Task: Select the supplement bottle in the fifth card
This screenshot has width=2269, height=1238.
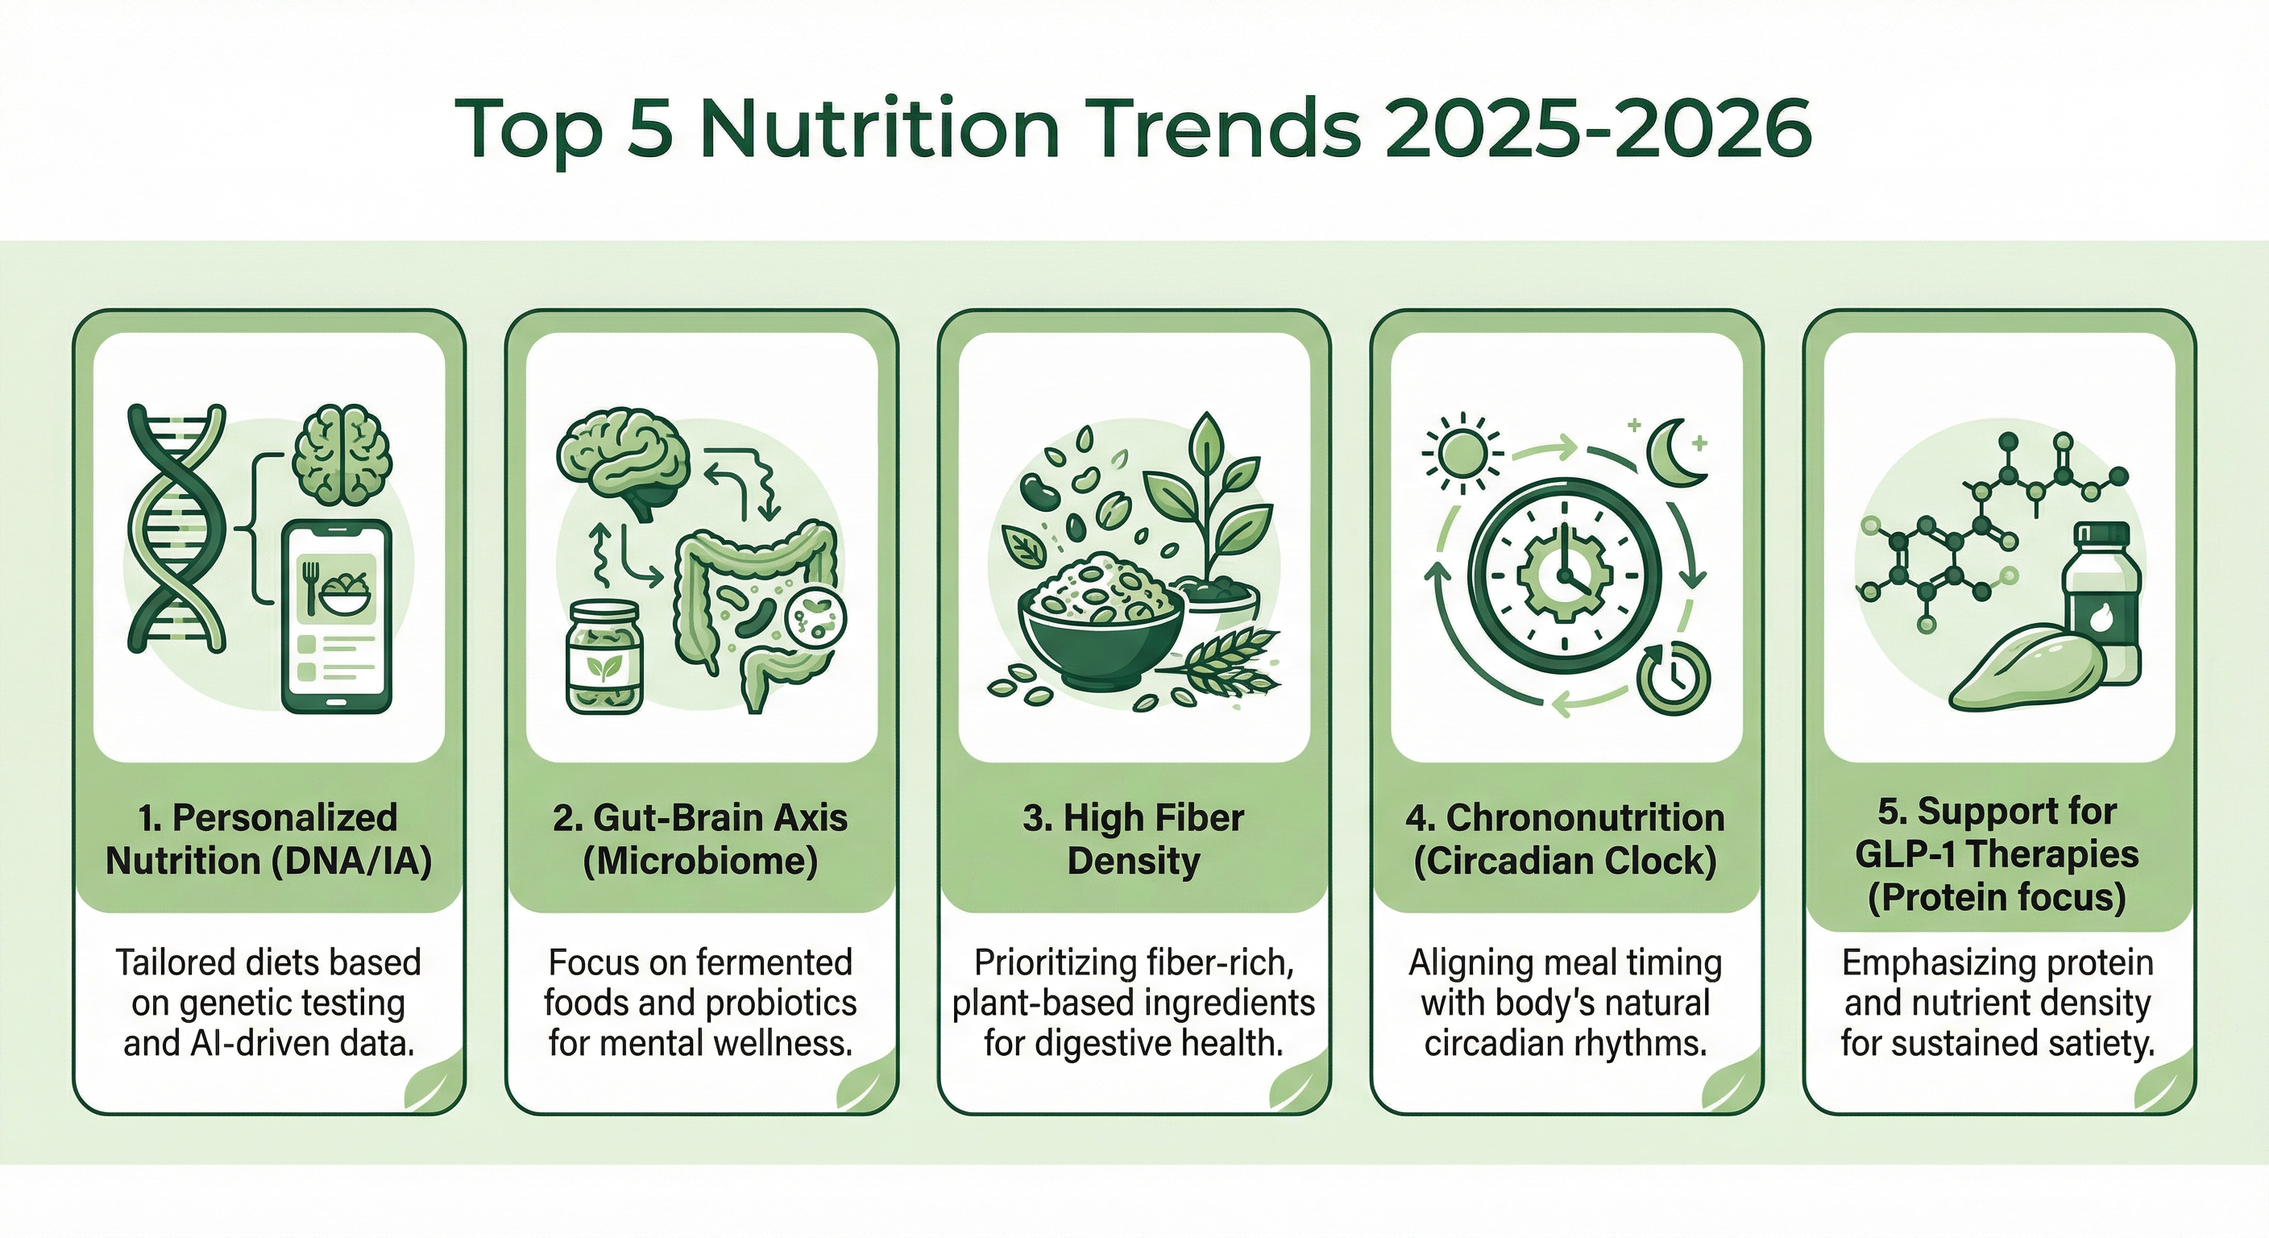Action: tap(2100, 599)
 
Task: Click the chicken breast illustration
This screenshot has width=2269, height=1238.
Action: tap(2026, 670)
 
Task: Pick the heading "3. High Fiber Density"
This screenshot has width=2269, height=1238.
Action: tap(1134, 839)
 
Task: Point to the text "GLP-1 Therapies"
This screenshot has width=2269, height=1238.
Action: tap(1997, 854)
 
